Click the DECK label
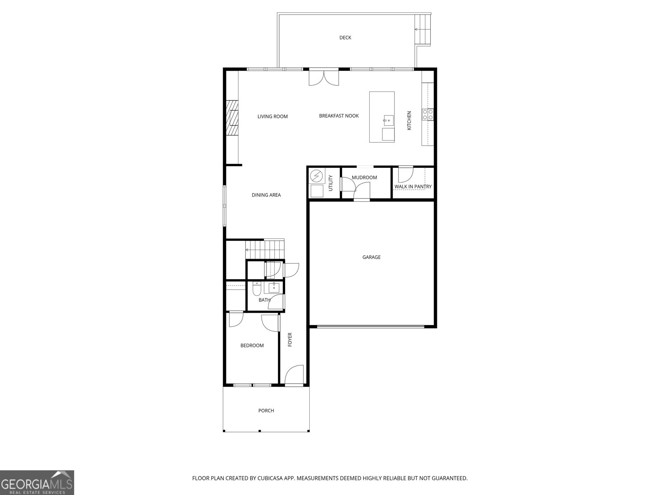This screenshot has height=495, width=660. (x=345, y=38)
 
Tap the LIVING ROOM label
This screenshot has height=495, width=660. (x=272, y=116)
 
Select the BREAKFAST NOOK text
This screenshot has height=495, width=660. (x=339, y=116)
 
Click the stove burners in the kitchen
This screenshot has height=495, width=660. (x=427, y=114)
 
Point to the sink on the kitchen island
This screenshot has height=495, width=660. (x=388, y=121)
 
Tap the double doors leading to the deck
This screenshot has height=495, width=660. (x=324, y=77)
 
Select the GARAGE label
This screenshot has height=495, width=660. (x=371, y=257)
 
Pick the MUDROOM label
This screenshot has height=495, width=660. (x=364, y=178)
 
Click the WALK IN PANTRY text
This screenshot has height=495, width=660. (x=412, y=186)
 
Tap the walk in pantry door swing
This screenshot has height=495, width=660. (x=405, y=174)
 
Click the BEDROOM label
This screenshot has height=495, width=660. (x=252, y=345)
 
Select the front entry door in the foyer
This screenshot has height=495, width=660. (x=294, y=375)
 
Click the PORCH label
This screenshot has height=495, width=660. (x=266, y=410)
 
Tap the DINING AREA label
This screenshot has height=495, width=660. (x=266, y=195)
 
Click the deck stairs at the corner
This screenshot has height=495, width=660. (x=424, y=29)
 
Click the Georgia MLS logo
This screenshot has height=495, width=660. (x=37, y=483)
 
